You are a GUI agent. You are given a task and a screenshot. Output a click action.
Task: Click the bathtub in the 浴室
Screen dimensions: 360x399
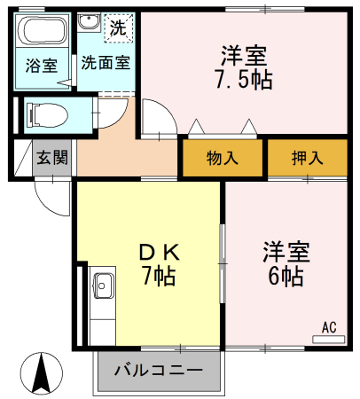(x=42, y=30)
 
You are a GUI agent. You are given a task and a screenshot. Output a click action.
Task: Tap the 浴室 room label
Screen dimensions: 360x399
(x=42, y=66)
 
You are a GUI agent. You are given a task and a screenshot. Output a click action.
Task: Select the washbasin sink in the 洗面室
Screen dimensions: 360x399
(x=90, y=21)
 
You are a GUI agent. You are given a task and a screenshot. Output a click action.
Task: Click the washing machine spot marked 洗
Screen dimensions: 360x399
(x=119, y=27)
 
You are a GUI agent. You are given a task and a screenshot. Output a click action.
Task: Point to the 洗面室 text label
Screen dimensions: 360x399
(x=106, y=62)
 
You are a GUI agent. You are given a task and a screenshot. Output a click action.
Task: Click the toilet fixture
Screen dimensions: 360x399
(x=47, y=115)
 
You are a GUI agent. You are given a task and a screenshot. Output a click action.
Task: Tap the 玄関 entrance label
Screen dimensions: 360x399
(x=52, y=157)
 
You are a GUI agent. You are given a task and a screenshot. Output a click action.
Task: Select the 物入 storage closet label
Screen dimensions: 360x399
(x=223, y=158)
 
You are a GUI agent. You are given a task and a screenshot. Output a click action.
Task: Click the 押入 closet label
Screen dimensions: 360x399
(x=308, y=158)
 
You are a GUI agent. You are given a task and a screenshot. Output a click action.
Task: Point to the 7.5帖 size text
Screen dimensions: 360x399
(x=244, y=80)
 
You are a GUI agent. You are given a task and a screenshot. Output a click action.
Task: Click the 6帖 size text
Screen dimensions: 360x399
(x=286, y=276)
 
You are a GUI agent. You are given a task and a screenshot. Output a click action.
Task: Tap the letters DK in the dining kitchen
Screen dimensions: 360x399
(x=160, y=253)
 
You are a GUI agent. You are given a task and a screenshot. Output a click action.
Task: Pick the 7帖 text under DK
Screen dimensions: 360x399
(x=160, y=276)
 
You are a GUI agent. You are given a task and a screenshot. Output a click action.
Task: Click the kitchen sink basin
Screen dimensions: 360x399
(x=104, y=286)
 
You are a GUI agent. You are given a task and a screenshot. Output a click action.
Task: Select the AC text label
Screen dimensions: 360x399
(x=329, y=327)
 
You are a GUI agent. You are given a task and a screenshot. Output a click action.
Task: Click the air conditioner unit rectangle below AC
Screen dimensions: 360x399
(x=329, y=340)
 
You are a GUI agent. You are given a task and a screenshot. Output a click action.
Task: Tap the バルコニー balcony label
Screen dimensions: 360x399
(x=159, y=370)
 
